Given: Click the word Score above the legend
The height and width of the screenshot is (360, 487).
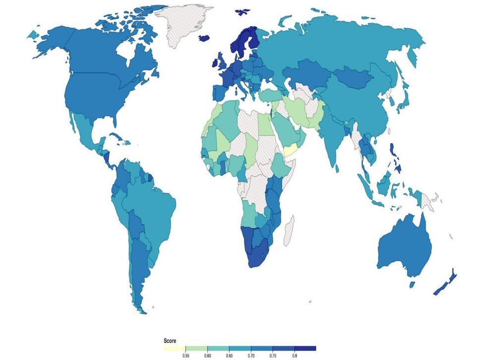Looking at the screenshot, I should click(x=171, y=341).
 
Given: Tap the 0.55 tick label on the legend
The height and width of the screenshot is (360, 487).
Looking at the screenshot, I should click(x=186, y=356).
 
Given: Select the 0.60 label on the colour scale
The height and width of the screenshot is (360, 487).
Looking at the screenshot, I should click(x=208, y=356).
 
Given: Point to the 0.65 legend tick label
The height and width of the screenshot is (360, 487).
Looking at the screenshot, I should click(x=230, y=356).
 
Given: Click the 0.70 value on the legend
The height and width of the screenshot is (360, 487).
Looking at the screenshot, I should click(x=251, y=356).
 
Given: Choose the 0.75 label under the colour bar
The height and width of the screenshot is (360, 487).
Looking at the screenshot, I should click(x=273, y=356).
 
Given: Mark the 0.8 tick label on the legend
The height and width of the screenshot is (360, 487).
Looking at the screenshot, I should click(x=295, y=356).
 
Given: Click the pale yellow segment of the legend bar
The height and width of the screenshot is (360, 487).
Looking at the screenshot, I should click(x=175, y=348).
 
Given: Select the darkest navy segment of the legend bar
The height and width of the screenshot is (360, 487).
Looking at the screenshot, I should click(x=305, y=348).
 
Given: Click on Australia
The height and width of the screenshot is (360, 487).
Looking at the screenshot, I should click(x=404, y=248).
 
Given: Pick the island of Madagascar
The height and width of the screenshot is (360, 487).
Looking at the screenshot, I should click(x=288, y=231).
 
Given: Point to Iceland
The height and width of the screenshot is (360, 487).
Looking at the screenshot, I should click(x=206, y=38).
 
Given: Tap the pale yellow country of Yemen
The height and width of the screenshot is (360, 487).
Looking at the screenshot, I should click(x=289, y=150).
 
